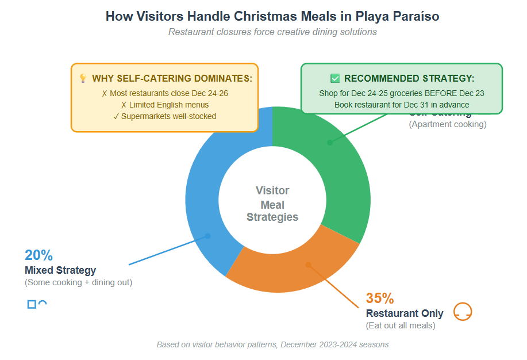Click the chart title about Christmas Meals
point(272,17)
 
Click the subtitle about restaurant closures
point(272,32)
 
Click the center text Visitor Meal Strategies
point(272,204)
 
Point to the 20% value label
point(39,255)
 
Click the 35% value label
point(380,298)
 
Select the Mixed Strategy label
point(60,270)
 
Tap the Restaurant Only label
point(405,313)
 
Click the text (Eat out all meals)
point(401,325)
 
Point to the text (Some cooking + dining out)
point(78,282)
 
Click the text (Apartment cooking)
point(448,124)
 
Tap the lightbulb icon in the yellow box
point(83,78)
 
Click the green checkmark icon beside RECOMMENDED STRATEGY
point(335,78)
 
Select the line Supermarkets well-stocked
point(164,116)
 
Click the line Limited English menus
point(164,105)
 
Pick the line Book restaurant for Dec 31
point(402,105)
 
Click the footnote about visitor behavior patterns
point(272,344)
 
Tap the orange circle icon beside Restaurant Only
point(463,311)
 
